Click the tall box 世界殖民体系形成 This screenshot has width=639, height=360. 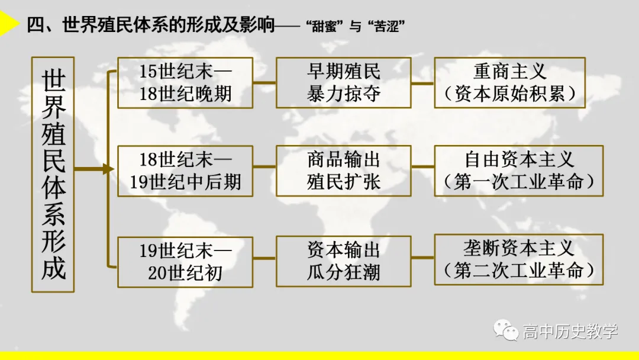point(53,175)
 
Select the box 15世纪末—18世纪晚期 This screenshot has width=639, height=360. point(185,83)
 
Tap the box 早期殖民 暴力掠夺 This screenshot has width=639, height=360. point(344,83)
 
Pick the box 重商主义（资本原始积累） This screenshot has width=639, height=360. point(509,83)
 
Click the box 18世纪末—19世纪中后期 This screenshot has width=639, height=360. point(185,171)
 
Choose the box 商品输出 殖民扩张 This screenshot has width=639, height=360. point(344,171)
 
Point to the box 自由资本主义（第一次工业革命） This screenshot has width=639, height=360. point(518,171)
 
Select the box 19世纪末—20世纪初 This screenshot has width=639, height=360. point(185,262)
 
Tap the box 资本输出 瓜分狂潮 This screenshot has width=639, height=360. point(344,261)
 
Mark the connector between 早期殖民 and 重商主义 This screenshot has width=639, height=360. point(422,83)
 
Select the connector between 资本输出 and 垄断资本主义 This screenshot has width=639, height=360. point(422,258)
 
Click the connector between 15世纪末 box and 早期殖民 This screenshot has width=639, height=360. point(264,83)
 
